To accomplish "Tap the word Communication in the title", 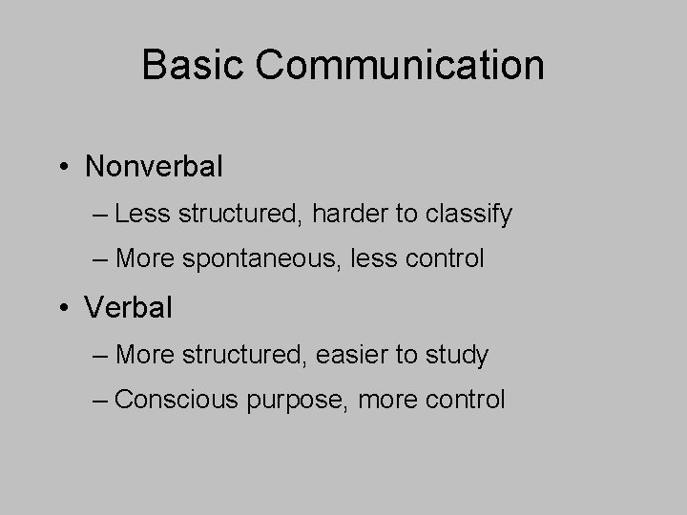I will (401, 66).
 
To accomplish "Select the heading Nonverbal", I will (154, 167).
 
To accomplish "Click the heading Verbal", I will (129, 308).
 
